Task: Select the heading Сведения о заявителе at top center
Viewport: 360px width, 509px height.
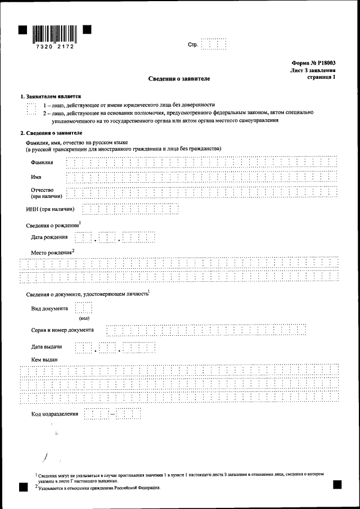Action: tap(179, 79)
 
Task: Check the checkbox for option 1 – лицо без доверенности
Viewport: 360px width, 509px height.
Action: tap(31, 105)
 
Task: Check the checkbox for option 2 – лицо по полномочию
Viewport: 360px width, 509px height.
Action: tap(31, 112)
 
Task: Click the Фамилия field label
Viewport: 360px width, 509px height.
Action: tap(43, 163)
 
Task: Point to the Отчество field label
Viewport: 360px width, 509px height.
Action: tap(42, 190)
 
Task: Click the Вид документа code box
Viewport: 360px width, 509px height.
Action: tap(83, 309)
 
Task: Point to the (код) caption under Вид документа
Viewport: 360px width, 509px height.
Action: tap(84, 318)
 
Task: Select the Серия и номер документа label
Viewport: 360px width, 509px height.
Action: tap(62, 330)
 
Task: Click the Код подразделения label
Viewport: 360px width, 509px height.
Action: tap(55, 414)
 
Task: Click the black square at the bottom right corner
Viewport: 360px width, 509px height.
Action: tap(337, 484)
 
